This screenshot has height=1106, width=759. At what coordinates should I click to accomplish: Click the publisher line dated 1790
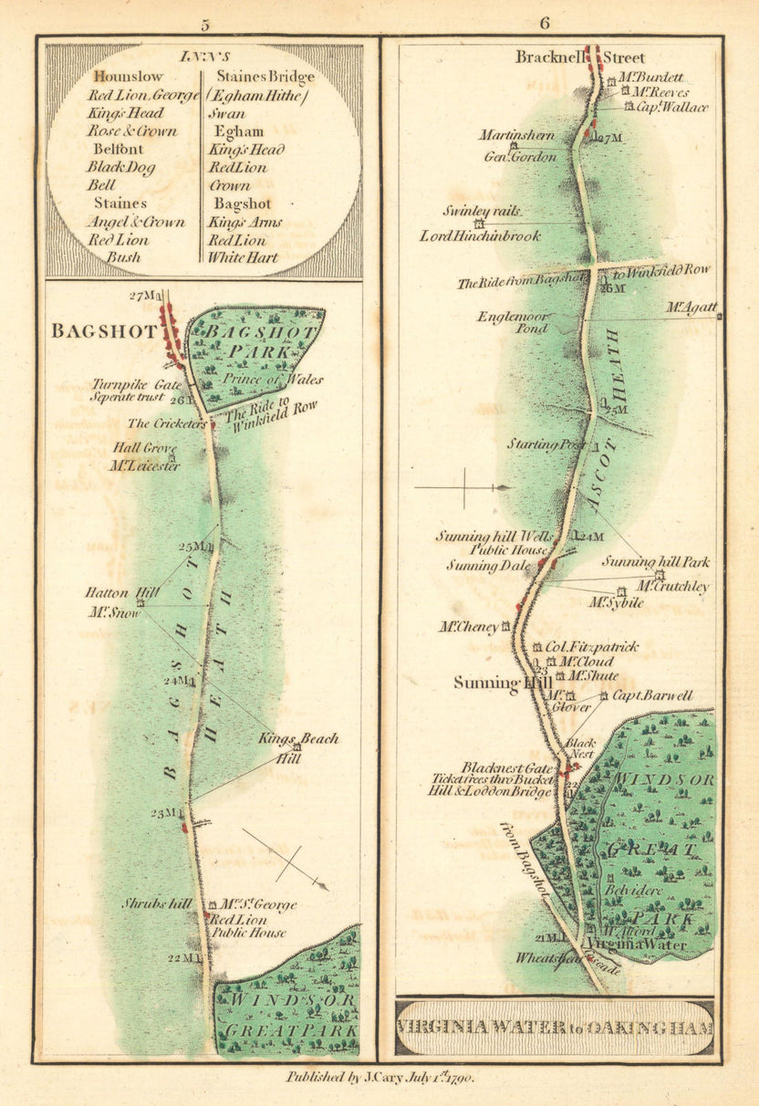click(x=379, y=1077)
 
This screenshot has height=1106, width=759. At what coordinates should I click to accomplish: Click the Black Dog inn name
click(x=120, y=167)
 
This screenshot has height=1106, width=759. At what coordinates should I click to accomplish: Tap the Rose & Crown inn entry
click(x=131, y=131)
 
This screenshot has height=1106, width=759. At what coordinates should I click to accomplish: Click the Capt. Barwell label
click(x=652, y=695)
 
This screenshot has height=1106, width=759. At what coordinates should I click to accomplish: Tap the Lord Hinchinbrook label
click(x=480, y=236)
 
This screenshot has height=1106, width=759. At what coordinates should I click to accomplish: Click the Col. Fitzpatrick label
click(x=592, y=647)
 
